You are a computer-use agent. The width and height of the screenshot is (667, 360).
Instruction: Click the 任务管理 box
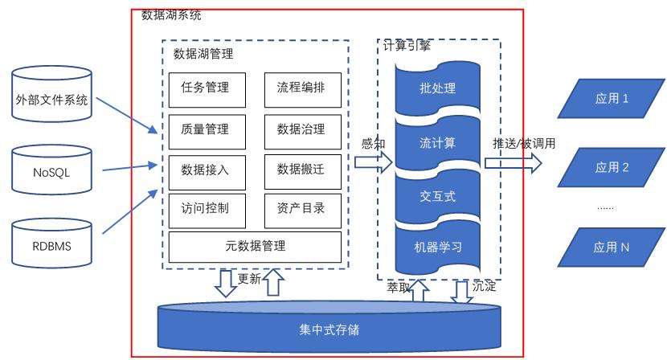205,88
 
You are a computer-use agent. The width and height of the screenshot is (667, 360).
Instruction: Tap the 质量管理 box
205,129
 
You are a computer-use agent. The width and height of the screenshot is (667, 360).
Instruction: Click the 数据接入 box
205,169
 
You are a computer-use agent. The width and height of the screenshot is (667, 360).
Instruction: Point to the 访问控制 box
205,208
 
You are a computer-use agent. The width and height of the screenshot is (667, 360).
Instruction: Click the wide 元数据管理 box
256,247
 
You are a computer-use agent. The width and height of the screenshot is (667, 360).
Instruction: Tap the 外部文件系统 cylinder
51,100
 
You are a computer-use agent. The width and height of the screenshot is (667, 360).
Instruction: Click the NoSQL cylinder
51,171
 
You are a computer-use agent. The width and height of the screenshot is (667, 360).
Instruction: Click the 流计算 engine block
437,143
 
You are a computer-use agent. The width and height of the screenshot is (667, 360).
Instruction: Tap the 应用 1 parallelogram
611,99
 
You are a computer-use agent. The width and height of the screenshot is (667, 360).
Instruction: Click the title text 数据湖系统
171,14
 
